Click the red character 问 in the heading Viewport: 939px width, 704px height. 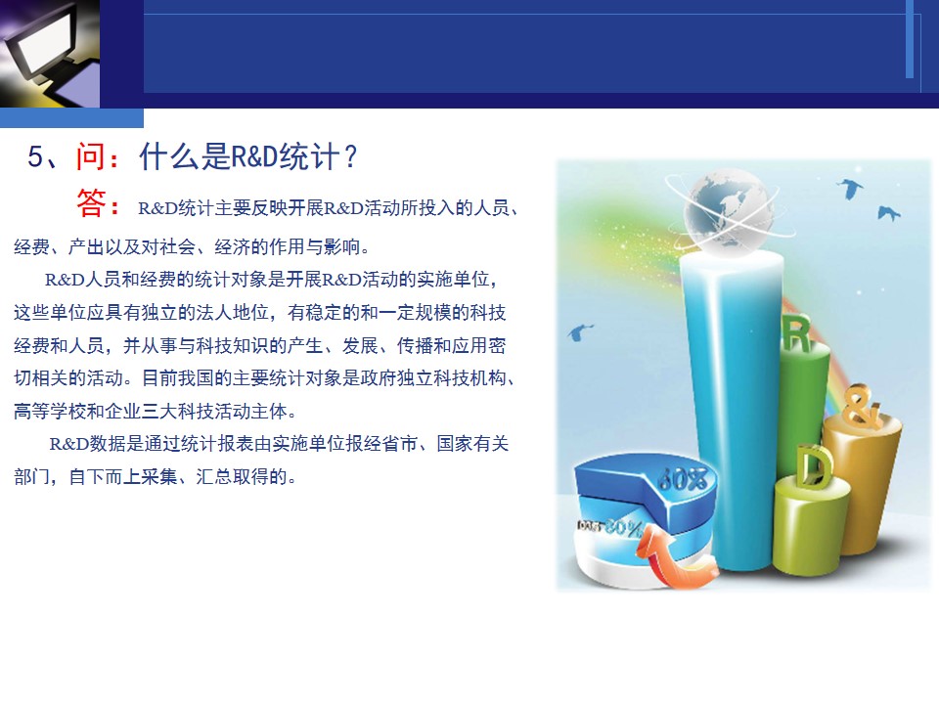pos(90,156)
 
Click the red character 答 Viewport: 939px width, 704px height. pos(92,202)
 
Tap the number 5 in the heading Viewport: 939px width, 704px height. pos(35,156)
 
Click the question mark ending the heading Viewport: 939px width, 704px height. pos(351,156)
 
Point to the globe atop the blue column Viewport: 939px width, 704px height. pos(728,211)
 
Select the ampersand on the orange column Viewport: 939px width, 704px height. pos(862,407)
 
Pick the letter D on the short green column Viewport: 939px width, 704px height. pos(815,465)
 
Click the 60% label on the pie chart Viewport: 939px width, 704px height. pos(682,479)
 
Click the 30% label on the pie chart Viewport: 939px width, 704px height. pos(623,527)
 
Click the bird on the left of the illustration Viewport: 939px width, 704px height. pos(579,331)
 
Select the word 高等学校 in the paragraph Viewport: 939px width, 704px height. pos(50,412)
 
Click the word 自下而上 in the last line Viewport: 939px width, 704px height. pos(105,477)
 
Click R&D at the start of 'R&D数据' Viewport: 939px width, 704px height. pos(68,444)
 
